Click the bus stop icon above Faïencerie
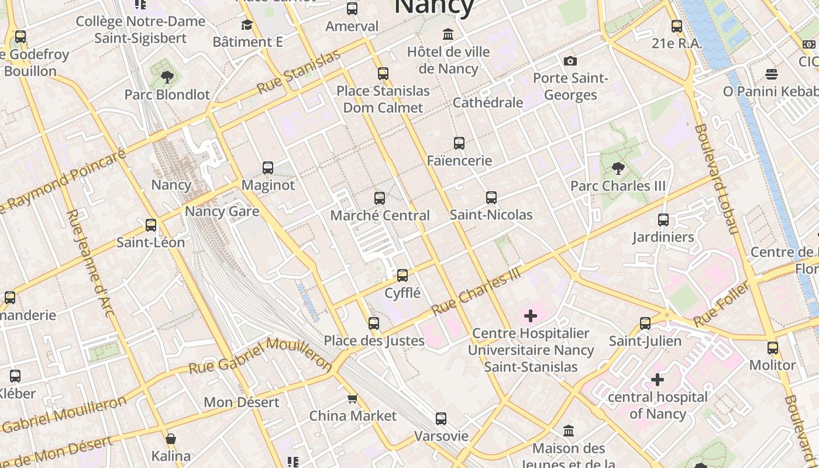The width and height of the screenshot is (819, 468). pos(459,143)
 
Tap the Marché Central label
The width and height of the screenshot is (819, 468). pos(380,215)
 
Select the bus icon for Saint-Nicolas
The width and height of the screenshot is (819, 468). pos(491,198)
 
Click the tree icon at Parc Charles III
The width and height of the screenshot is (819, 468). pos(618,169)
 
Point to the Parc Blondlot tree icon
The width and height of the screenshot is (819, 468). pos(167,77)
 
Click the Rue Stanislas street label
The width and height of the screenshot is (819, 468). pos(298,73)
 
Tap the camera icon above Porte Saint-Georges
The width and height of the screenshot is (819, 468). pos(570,61)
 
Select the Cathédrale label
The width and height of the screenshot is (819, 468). pos(488,102)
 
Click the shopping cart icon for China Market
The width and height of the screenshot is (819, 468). pos(352,399)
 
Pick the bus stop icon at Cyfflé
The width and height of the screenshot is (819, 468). pos(402,276)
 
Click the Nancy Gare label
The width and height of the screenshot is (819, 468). pos(222,211)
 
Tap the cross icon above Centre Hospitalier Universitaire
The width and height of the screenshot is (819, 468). pos(531,316)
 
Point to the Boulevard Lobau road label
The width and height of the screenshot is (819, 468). pos(717,178)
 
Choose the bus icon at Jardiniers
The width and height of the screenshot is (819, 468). pos(663,220)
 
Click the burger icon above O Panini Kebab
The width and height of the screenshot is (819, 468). pos(771,74)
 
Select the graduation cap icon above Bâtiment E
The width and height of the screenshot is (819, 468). pos(247,25)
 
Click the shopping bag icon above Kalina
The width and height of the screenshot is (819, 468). pos(171,439)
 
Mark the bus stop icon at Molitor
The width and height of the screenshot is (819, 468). pos(773,348)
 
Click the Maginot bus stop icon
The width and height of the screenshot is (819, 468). pos(268,168)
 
